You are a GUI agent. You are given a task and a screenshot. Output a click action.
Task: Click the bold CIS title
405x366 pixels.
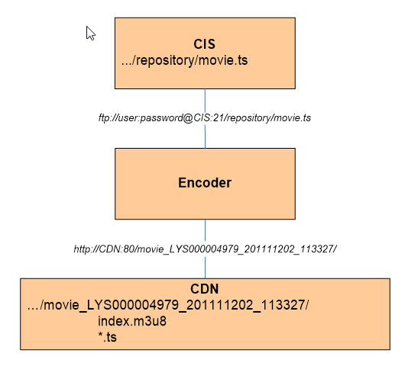204,44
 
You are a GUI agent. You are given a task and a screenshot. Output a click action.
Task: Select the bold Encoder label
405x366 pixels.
205,183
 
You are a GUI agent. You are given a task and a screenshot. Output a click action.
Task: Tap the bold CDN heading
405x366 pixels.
205,289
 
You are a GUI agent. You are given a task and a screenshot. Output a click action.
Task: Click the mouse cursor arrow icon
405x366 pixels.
91,34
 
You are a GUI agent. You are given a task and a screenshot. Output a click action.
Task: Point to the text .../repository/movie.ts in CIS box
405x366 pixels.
184,60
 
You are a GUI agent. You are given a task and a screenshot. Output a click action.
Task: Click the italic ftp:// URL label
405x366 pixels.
205,117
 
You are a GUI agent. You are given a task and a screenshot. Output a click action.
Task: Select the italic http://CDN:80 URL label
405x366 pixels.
206,249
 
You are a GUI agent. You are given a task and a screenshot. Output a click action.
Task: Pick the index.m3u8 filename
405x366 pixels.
132,321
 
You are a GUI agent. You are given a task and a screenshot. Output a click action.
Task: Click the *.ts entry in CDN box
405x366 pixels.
108,337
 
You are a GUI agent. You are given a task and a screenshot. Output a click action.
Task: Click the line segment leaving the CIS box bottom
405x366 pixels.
205,101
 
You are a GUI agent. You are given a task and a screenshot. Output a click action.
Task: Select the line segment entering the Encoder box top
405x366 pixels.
205,136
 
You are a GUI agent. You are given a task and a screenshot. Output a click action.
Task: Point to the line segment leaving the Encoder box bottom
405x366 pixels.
206,230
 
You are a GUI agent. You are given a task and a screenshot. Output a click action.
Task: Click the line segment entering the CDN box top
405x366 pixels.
206,268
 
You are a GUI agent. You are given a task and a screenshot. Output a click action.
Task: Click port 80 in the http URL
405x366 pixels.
128,249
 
